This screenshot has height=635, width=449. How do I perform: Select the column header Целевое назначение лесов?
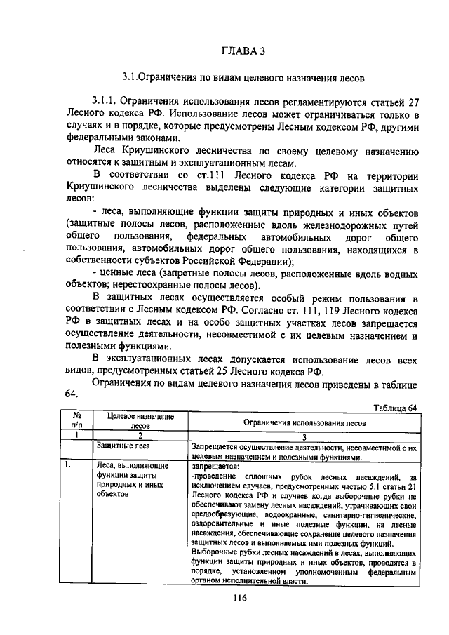tap(140, 420)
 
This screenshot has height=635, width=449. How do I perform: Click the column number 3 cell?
tap(304, 435)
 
